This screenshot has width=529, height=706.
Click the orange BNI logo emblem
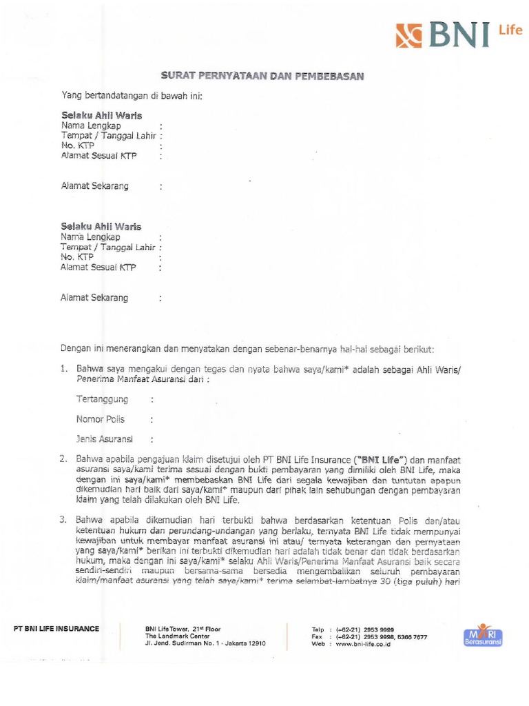(408, 34)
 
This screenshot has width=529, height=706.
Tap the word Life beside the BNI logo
(510, 30)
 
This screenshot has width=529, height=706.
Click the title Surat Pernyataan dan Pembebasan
(262, 76)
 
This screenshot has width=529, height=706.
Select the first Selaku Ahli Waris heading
(101, 115)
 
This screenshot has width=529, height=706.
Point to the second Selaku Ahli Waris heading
(101, 226)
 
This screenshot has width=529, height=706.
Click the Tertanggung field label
(102, 399)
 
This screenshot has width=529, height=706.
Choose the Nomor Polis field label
(101, 419)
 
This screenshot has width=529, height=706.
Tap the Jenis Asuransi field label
(105, 438)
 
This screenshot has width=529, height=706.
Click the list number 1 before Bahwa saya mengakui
(63, 369)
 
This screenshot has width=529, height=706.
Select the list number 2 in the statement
(63, 458)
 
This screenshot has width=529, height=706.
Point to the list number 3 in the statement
(63, 521)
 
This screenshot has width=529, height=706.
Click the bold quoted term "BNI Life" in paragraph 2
(382, 459)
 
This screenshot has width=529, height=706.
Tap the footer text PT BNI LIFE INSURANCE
(56, 628)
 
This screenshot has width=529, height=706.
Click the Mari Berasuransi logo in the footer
(483, 636)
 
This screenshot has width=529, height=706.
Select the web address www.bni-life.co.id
(365, 644)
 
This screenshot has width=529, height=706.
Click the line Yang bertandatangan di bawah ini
(132, 95)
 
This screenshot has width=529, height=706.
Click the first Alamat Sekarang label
(94, 186)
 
